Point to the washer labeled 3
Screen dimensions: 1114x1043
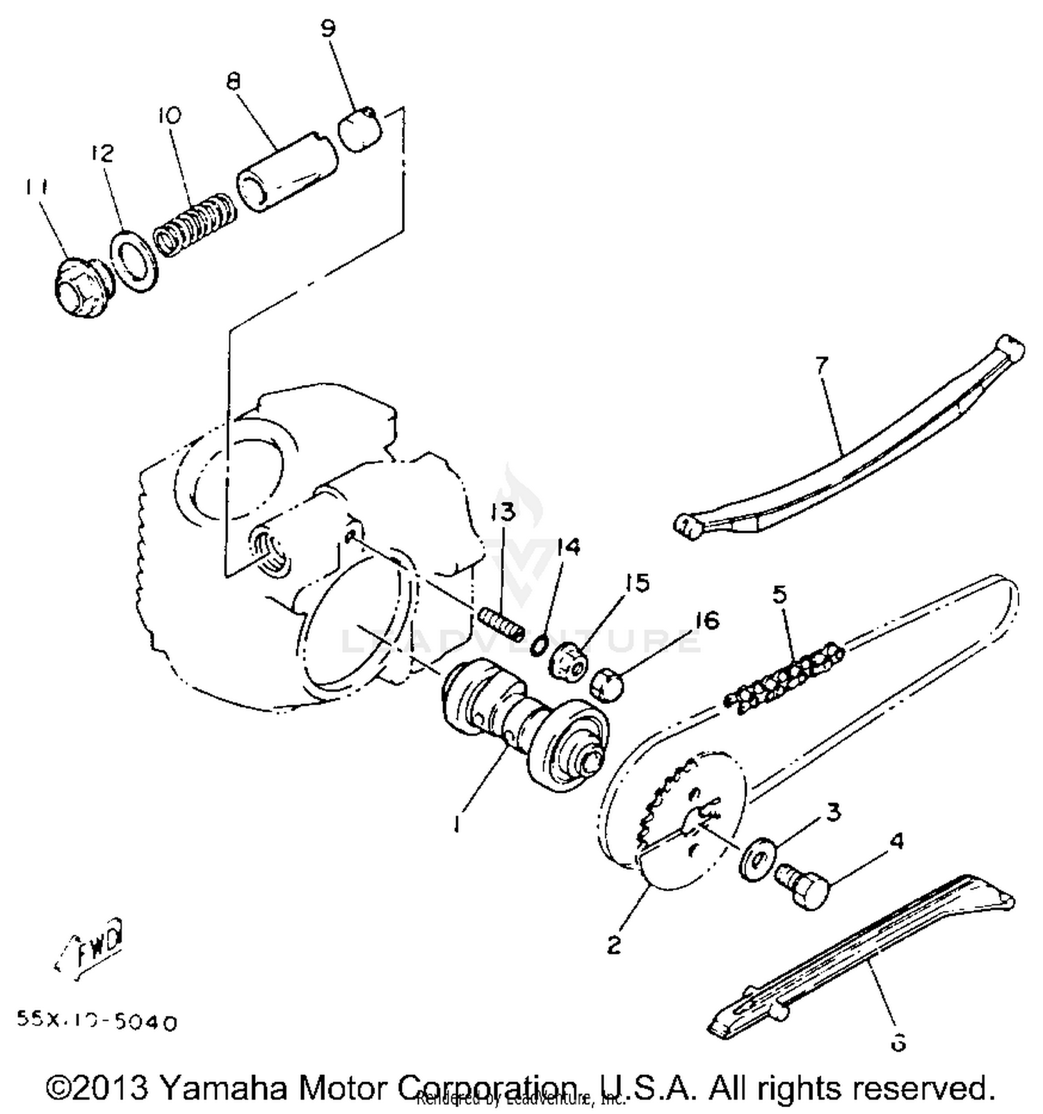click(x=754, y=862)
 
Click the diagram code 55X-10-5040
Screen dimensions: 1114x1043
click(x=97, y=1022)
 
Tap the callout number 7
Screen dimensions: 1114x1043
click(x=823, y=364)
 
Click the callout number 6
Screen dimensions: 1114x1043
click(x=898, y=1042)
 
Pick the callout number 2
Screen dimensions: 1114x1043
click(x=613, y=944)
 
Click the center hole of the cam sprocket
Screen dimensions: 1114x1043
click(x=699, y=822)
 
